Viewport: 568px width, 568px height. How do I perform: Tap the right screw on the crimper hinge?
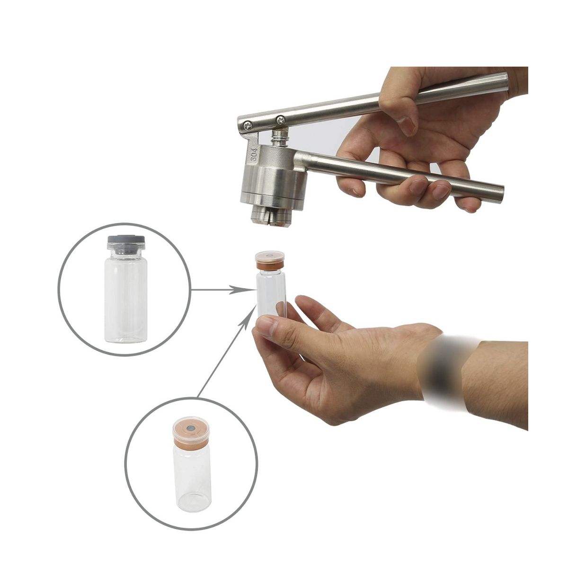pos(280,120)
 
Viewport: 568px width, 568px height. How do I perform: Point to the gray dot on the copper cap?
pos(191,428)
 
